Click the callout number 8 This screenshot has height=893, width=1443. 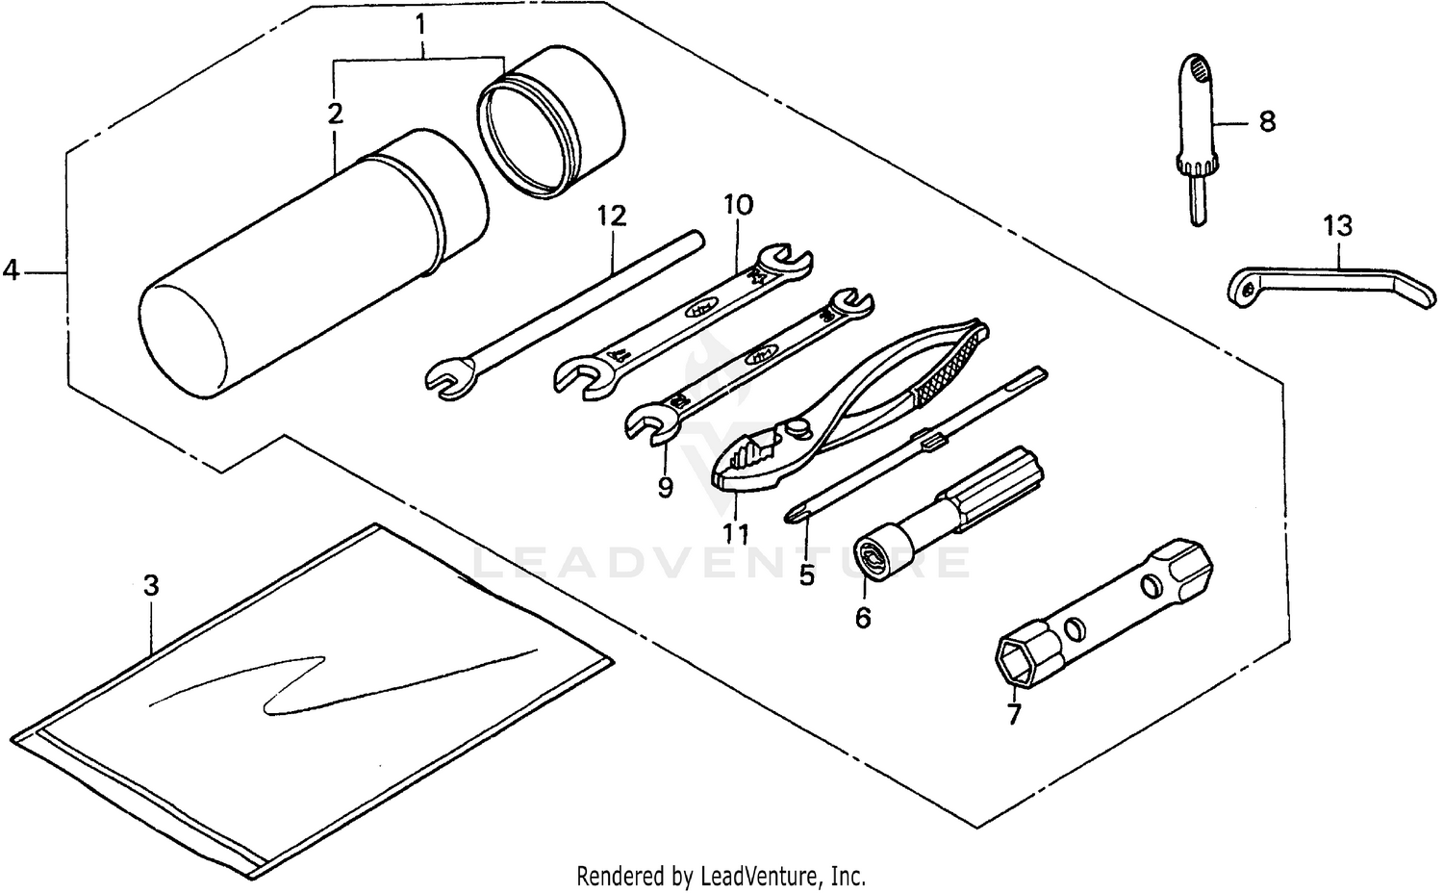(1267, 122)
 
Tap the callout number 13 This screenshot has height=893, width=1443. (1337, 226)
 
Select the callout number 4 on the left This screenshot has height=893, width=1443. (11, 270)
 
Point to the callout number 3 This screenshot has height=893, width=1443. (150, 585)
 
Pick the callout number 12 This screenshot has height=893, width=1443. (611, 216)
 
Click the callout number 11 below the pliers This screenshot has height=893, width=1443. (736, 532)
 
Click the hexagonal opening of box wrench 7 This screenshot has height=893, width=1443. (1021, 663)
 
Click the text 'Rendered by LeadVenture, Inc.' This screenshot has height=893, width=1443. (721, 877)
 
